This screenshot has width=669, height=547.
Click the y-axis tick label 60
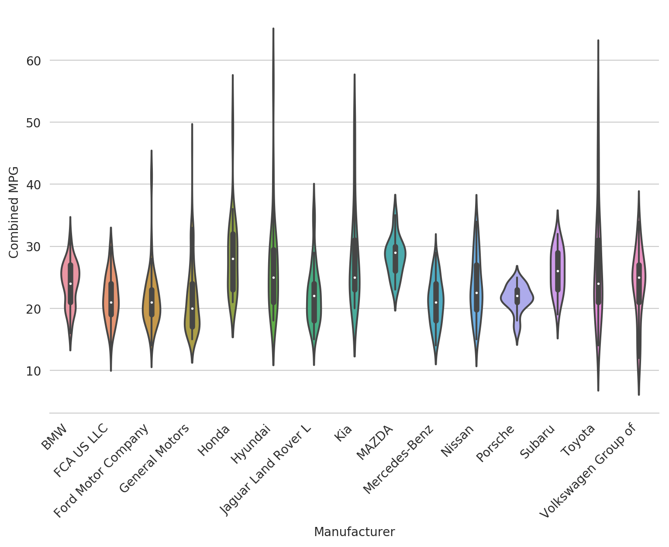tap(33, 61)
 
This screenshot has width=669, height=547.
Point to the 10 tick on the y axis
tap(33, 371)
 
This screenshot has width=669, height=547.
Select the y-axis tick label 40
tap(33, 185)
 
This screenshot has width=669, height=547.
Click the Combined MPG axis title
tap(14, 212)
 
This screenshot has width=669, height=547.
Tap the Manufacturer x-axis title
tap(354, 532)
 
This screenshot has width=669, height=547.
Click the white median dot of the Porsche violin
tap(517, 296)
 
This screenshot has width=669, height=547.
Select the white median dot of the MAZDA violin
tap(395, 253)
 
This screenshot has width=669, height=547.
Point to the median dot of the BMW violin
tap(70, 284)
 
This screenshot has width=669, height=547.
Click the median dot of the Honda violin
tap(233, 259)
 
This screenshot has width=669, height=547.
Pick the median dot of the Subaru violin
tap(558, 271)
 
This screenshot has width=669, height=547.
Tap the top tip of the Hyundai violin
tap(273, 29)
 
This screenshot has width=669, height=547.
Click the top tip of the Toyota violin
tap(598, 41)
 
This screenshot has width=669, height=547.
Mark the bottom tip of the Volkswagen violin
tap(639, 394)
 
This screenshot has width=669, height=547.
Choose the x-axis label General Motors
tap(155, 458)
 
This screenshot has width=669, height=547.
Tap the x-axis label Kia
tap(343, 434)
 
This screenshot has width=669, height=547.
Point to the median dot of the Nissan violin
tap(476, 293)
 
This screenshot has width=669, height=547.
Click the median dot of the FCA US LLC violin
tap(111, 302)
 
